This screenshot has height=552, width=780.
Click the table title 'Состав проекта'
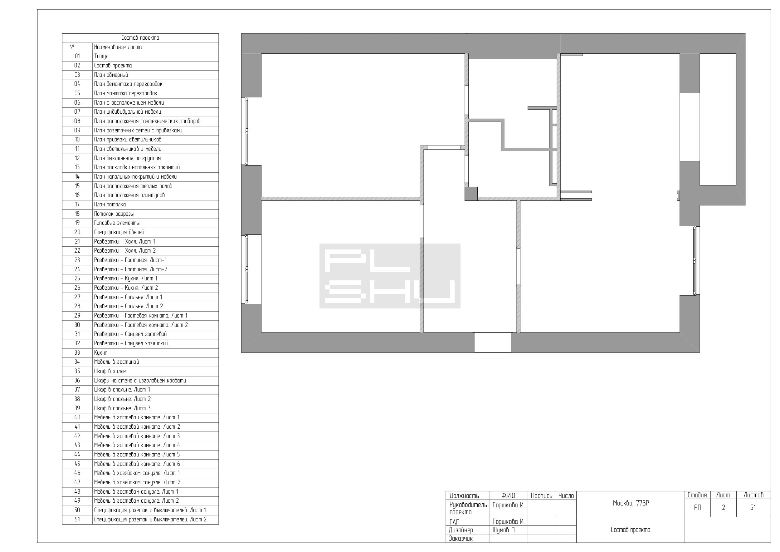click(140, 38)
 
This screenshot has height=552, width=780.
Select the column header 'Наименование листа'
click(118, 47)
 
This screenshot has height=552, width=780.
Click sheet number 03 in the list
click(77, 75)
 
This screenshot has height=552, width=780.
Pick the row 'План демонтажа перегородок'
click(128, 84)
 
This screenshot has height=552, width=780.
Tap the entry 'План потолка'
click(110, 205)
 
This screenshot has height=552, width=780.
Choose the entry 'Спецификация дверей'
click(119, 233)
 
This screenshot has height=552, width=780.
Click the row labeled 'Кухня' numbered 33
click(100, 353)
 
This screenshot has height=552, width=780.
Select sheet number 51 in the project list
click(77, 519)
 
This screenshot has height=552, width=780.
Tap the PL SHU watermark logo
click(390, 276)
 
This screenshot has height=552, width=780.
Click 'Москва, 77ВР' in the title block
click(631, 503)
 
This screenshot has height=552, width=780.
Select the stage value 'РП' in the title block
click(697, 507)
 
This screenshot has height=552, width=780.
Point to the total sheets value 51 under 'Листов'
click(753, 507)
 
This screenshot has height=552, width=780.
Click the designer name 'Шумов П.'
click(504, 530)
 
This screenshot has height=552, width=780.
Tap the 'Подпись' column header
click(542, 496)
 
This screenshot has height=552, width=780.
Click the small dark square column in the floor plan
click(471, 194)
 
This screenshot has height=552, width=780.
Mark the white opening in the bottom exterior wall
click(493, 342)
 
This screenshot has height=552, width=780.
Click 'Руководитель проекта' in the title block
click(468, 509)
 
